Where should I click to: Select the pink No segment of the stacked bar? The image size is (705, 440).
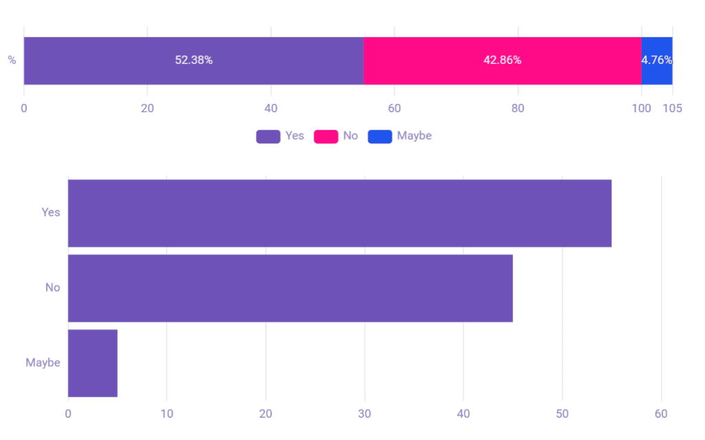click(441, 61)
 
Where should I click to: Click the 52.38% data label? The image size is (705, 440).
click(193, 61)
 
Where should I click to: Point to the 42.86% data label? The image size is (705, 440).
click(502, 61)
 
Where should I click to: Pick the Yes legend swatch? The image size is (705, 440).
click(268, 136)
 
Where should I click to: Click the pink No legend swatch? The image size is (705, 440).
click(326, 136)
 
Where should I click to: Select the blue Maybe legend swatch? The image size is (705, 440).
click(379, 136)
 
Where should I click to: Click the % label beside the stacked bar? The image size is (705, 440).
click(12, 61)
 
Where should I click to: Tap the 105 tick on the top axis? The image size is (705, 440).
click(673, 108)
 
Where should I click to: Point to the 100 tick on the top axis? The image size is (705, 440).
click(641, 108)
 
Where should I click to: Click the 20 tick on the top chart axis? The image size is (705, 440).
click(147, 108)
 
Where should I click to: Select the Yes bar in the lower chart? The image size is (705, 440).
click(339, 213)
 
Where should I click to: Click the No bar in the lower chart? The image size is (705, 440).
click(290, 288)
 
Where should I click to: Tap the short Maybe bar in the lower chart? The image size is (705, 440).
click(92, 363)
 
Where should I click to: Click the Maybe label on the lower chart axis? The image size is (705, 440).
click(43, 363)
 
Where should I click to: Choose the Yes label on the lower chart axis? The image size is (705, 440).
click(51, 213)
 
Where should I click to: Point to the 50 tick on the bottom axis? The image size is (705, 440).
click(562, 414)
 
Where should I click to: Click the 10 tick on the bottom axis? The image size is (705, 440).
click(167, 414)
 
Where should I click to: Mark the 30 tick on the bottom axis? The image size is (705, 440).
click(364, 414)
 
